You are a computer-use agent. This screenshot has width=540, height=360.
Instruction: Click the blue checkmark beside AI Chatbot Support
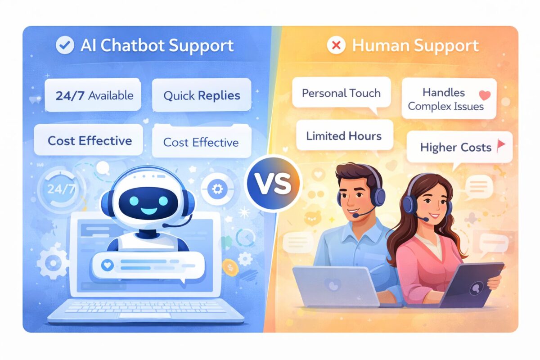coord(65,45)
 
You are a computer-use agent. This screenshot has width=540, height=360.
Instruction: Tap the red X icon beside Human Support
coord(336,45)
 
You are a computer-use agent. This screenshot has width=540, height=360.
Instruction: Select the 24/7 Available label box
coord(93,95)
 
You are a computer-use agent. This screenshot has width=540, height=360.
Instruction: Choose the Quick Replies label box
coord(201,95)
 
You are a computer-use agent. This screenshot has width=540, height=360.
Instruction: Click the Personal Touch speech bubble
coord(341,93)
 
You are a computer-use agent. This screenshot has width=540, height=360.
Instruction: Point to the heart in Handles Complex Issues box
coord(485,95)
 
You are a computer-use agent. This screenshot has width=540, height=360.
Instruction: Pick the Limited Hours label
coord(344,136)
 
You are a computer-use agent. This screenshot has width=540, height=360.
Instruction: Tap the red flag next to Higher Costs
coord(501,145)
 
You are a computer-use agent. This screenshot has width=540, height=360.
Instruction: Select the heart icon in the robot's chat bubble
coord(107,265)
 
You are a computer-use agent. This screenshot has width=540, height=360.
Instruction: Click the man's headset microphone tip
coord(355,216)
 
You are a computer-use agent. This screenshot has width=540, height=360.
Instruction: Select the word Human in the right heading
coord(378,45)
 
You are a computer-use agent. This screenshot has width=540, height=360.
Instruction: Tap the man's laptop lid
coord(335,286)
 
